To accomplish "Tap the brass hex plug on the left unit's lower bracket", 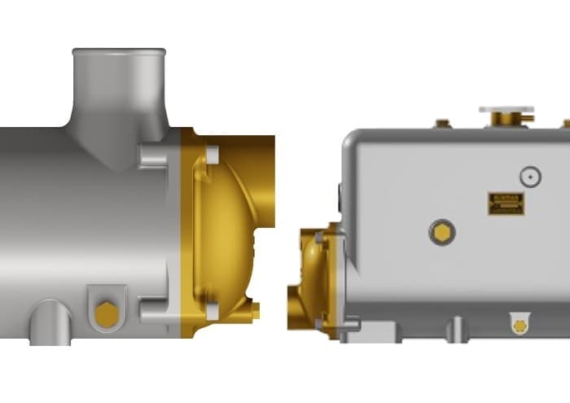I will tap(106, 313).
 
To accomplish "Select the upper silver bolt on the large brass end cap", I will tap(212, 155).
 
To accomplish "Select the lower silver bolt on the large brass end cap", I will tap(212, 311).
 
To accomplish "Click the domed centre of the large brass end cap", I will tap(224, 232).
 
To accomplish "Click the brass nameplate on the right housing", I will tap(506, 204).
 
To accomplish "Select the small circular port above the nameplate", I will tap(530, 176).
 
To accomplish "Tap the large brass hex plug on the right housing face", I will tap(441, 233).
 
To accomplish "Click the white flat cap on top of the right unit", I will tap(506, 109).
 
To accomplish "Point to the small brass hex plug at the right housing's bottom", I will tap(520, 325).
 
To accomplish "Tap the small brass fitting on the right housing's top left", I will tap(442, 124).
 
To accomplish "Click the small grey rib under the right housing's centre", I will tap(457, 328).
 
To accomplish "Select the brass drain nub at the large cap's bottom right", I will tap(255, 311).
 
